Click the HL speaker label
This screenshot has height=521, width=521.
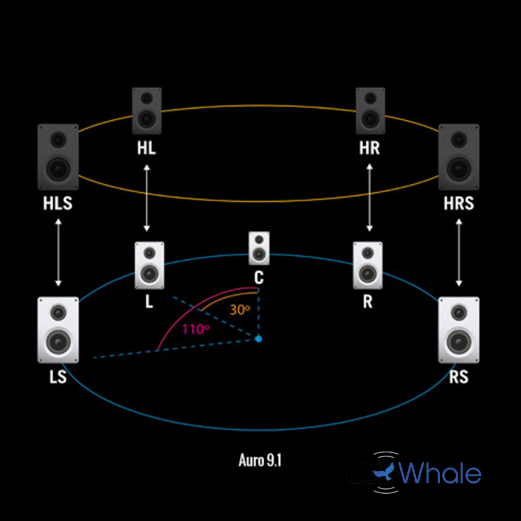point(146,149)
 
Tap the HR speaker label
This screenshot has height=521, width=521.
point(369,149)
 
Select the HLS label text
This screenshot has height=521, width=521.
point(58,204)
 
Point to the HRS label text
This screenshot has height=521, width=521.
point(459,204)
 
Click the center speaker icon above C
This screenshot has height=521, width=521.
point(259,248)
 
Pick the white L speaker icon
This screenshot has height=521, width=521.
point(149,265)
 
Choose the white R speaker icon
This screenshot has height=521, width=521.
point(367,265)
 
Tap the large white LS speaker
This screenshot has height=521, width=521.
point(58,330)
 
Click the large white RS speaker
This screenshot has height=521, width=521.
point(459,330)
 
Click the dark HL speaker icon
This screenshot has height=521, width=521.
point(147,111)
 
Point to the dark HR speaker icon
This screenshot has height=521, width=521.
point(370,111)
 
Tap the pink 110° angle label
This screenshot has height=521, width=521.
point(195,330)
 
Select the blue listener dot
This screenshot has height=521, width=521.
point(259,338)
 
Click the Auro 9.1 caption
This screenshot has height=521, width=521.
point(260,461)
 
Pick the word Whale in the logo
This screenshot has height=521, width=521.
point(441,473)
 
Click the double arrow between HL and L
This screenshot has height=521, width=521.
point(146,198)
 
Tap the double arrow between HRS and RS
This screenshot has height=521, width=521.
point(459,252)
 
